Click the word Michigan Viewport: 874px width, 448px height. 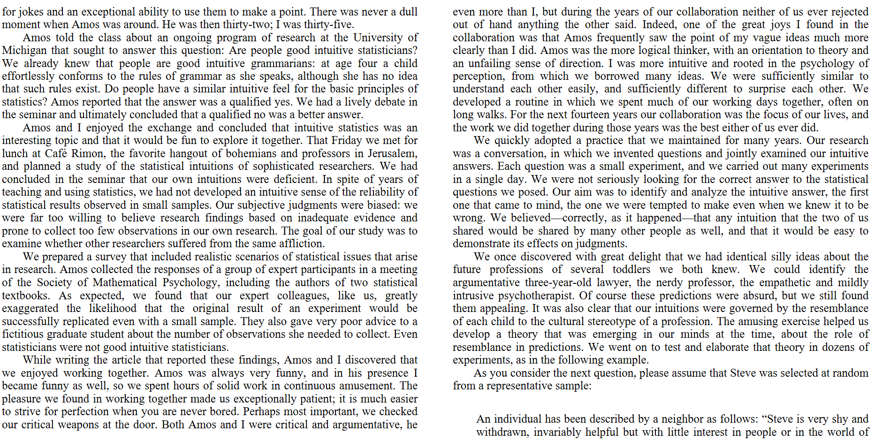(24, 50)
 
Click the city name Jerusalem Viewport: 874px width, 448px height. (392, 153)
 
